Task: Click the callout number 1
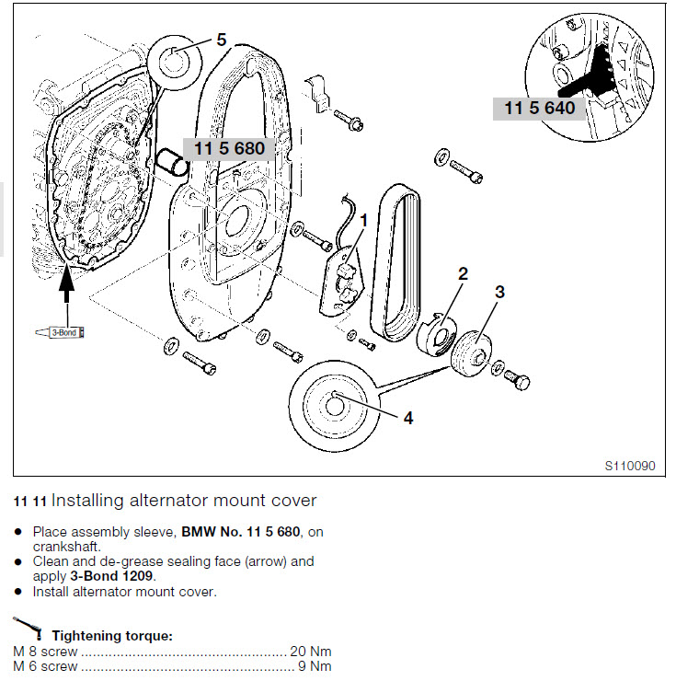pos(364,221)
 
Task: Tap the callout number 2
pos(463,273)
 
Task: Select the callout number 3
pos(499,292)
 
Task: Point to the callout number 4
pos(408,417)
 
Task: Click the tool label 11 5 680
pos(228,149)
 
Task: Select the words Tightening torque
pos(112,636)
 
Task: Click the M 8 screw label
pos(45,651)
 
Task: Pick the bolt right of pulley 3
pos(518,380)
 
